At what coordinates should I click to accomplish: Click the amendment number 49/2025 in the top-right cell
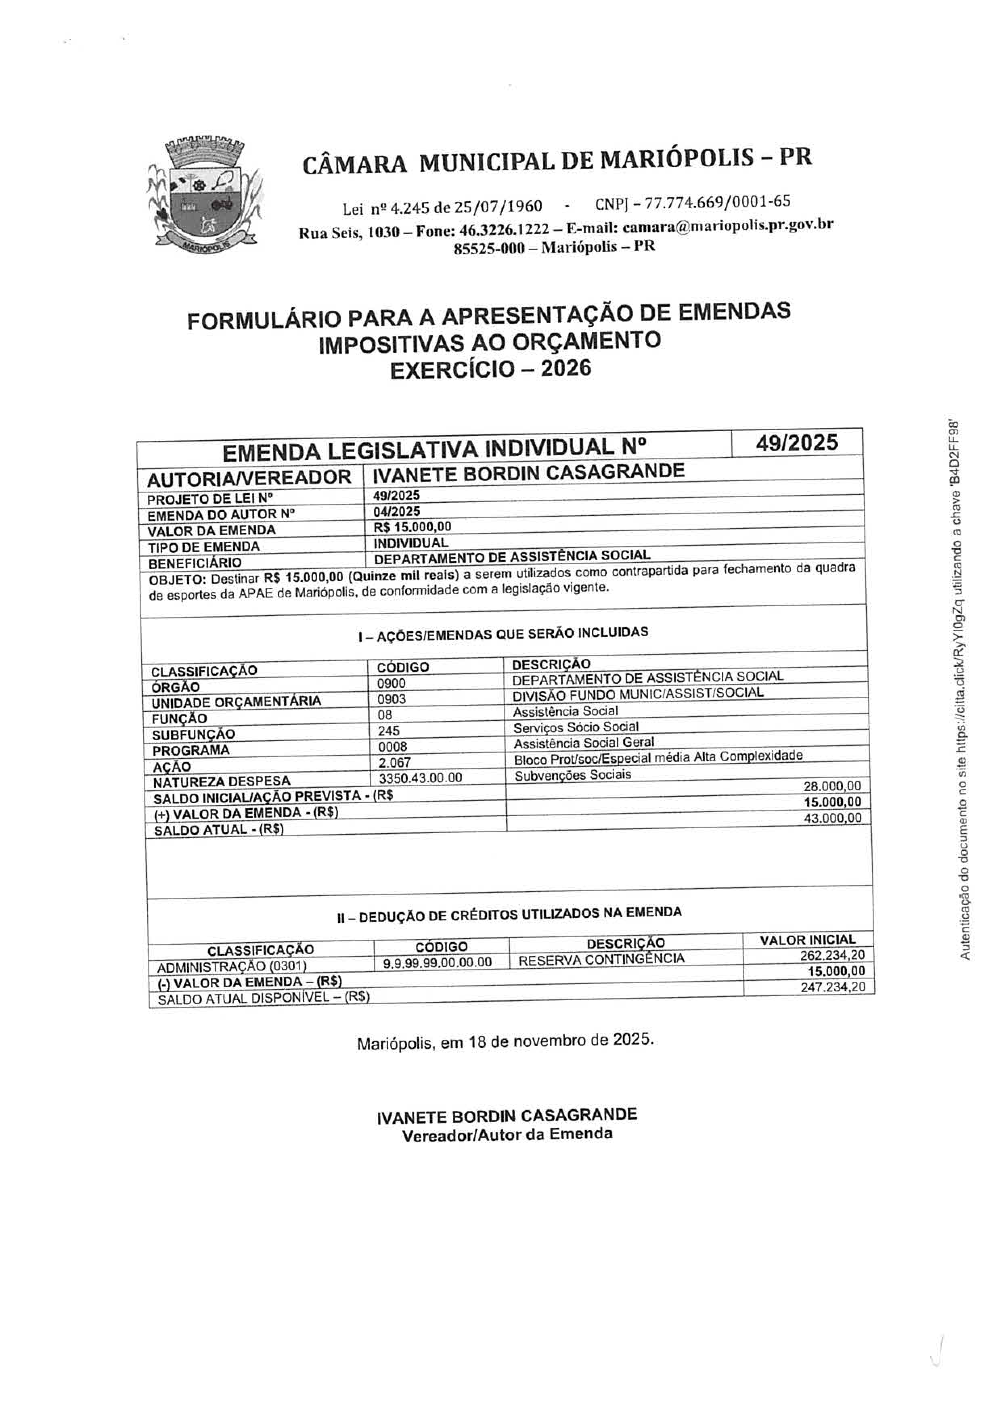pos(797,443)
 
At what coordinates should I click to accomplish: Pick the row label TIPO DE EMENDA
pos(203,547)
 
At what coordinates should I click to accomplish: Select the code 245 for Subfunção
pos(389,731)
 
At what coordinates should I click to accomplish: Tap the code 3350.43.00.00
pos(420,778)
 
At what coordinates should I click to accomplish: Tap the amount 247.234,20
pos(833,987)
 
